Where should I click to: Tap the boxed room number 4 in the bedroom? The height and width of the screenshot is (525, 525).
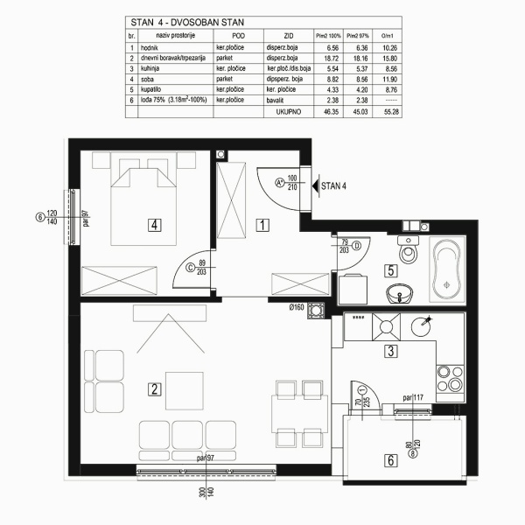pos(154,225)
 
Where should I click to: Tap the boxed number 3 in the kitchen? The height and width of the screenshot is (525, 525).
pos(393,353)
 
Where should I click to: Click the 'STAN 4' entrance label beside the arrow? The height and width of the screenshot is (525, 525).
pos(334,185)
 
